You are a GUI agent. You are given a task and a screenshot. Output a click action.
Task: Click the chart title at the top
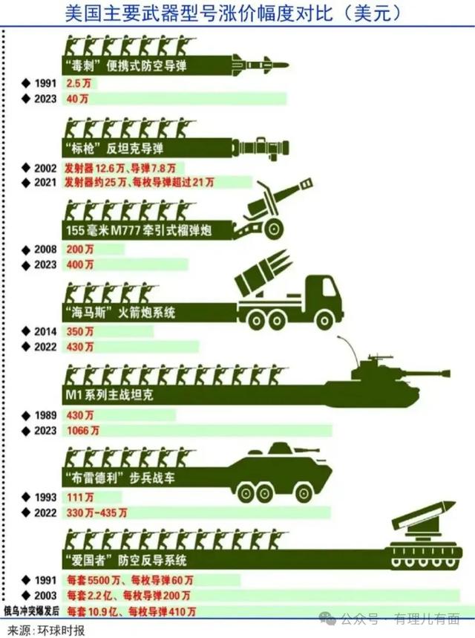click(x=233, y=14)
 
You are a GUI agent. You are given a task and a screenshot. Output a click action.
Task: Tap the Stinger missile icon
click(x=261, y=65)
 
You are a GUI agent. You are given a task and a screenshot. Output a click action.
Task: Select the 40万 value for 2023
click(x=77, y=99)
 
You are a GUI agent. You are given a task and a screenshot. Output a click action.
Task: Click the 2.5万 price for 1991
click(x=79, y=83)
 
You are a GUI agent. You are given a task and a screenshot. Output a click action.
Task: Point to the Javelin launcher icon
click(x=261, y=148)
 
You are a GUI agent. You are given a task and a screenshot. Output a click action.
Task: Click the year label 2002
click(x=45, y=168)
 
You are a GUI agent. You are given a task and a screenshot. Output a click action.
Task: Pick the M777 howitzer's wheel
click(x=273, y=229)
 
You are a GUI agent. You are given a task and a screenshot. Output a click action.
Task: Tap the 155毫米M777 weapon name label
click(x=139, y=231)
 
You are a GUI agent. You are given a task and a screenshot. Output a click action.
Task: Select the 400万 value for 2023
click(x=80, y=265)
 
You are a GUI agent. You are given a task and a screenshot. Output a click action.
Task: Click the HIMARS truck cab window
click(x=329, y=287)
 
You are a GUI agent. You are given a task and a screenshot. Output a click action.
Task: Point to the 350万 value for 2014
click(x=80, y=331)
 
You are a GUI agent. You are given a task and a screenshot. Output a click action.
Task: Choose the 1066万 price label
click(x=83, y=431)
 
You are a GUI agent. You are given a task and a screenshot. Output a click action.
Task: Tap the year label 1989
click(x=45, y=415)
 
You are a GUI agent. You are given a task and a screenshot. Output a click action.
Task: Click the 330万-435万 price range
click(x=96, y=512)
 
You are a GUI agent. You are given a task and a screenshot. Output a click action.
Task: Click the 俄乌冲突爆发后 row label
click(x=31, y=611)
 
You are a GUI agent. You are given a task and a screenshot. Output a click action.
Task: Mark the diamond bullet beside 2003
click(x=27, y=596)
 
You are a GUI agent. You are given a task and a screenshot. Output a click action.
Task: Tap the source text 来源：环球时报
click(x=46, y=631)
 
